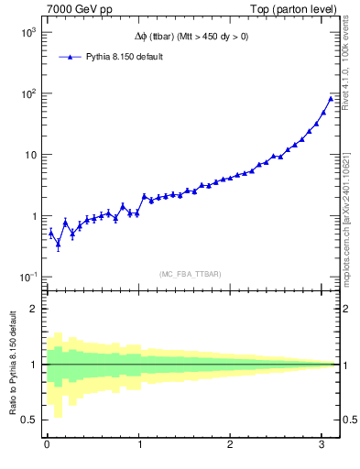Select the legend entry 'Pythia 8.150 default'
(x=125, y=57)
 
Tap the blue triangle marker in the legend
(x=70, y=57)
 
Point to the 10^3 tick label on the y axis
(x=27, y=32)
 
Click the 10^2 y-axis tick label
(x=27, y=93)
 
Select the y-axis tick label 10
(x=29, y=155)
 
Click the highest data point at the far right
(x=331, y=98)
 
